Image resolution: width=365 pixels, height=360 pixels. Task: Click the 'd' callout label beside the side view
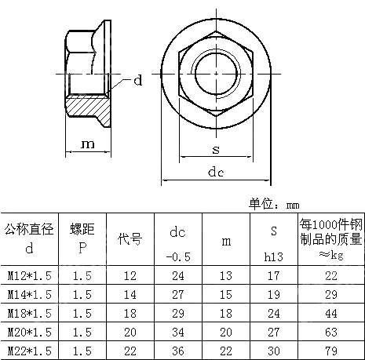click(x=137, y=80)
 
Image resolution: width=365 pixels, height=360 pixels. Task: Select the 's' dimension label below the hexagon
click(x=215, y=149)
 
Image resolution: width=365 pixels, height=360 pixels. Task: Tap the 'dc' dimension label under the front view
click(x=217, y=171)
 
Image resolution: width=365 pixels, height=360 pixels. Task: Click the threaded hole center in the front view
click(x=216, y=73)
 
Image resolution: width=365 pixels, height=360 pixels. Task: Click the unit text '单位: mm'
click(x=274, y=204)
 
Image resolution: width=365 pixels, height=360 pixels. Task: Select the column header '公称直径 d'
click(x=29, y=239)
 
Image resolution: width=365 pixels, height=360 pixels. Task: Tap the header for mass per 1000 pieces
click(x=331, y=239)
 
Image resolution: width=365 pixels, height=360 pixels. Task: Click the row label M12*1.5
click(x=29, y=276)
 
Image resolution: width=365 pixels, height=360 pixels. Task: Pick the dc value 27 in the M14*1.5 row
click(x=178, y=294)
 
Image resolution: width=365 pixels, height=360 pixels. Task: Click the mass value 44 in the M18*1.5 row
click(x=331, y=313)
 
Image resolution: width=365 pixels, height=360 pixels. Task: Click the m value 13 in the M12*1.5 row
click(x=226, y=276)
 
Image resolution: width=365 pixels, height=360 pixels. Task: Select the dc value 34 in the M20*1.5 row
click(x=178, y=332)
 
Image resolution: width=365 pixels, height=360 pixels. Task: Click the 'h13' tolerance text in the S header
click(x=274, y=256)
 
